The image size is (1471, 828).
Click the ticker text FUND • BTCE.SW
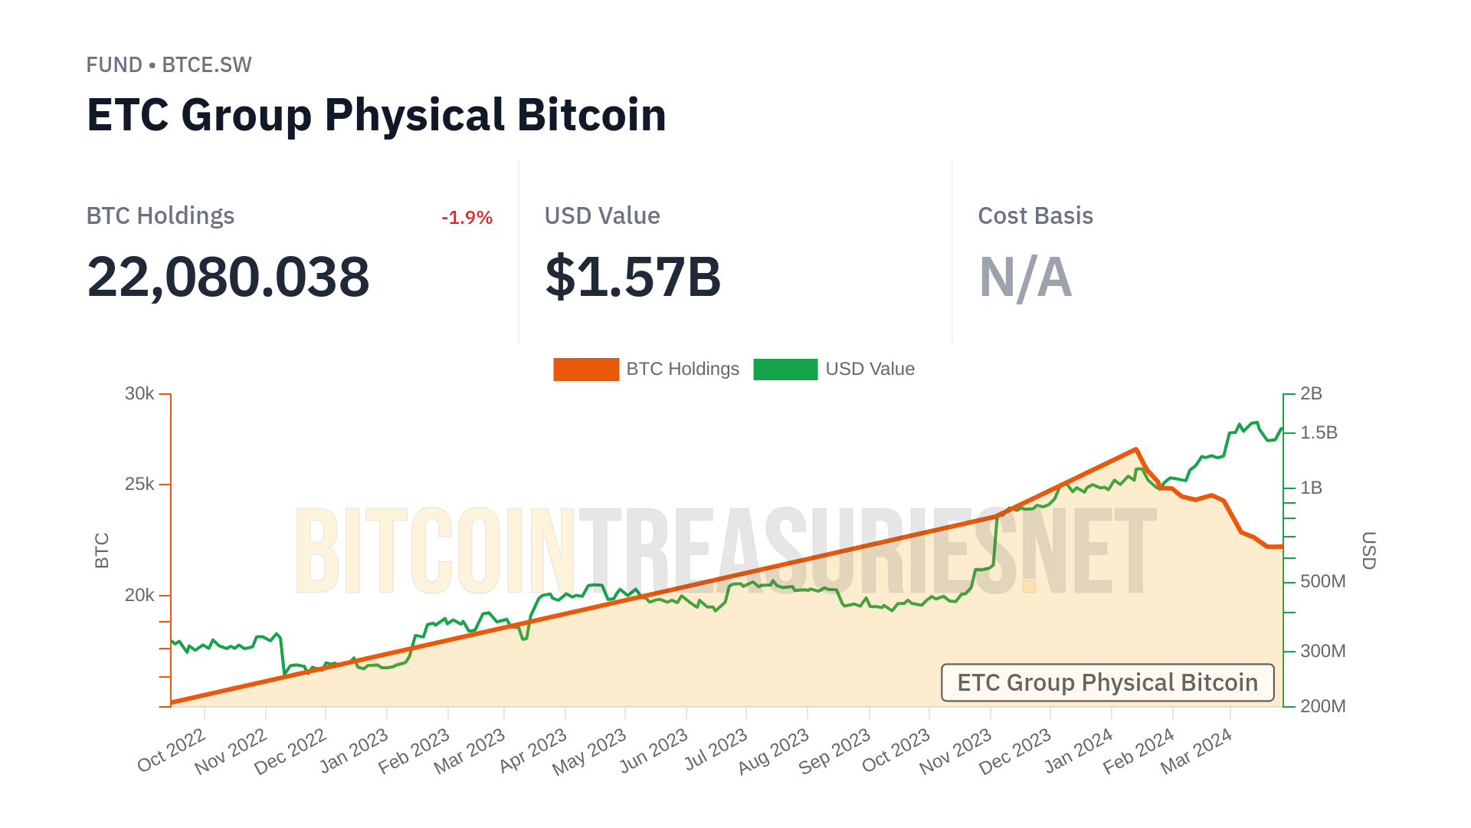pos(169,65)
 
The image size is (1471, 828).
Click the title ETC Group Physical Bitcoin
pos(376,115)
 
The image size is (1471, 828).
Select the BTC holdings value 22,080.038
pos(228,277)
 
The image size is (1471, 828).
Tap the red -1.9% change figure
pos(467,218)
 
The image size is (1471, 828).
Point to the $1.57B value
pos(633,277)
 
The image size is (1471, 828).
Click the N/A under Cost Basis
pos(1025,277)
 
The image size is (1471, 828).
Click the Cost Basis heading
pos(1035,216)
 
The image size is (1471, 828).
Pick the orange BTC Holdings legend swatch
pos(586,370)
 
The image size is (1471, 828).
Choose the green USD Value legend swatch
pos(785,370)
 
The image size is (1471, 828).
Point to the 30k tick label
pos(139,394)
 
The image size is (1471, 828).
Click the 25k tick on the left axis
pos(139,485)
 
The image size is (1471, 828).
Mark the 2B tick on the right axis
pos(1311,394)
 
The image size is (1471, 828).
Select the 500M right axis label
pos(1322,582)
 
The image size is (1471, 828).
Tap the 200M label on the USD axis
pos(1322,706)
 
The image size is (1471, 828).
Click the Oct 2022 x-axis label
pos(172,751)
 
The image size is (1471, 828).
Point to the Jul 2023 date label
pos(716,751)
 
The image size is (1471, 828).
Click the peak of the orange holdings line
pos(1135,449)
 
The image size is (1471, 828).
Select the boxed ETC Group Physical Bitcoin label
pos(1107,682)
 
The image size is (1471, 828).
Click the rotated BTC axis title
pos(102,550)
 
